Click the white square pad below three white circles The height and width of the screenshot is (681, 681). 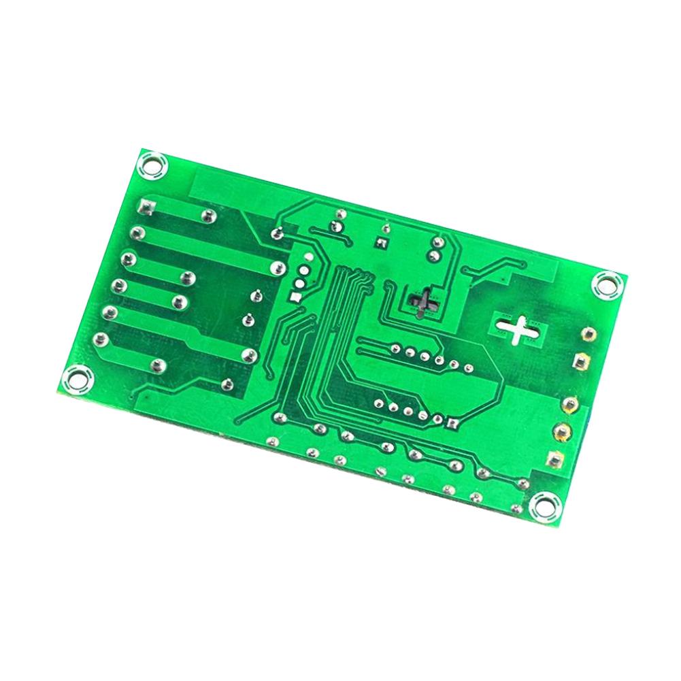pos(295,297)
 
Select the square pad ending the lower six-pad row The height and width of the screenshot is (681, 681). pos(452,422)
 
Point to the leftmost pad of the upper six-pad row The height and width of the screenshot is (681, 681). pos(395,347)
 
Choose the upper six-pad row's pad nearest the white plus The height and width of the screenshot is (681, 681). pos(469,368)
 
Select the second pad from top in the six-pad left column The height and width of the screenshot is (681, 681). pos(138,233)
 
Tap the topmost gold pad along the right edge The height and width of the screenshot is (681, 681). pos(588,334)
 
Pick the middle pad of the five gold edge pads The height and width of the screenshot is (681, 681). pos(570,405)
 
